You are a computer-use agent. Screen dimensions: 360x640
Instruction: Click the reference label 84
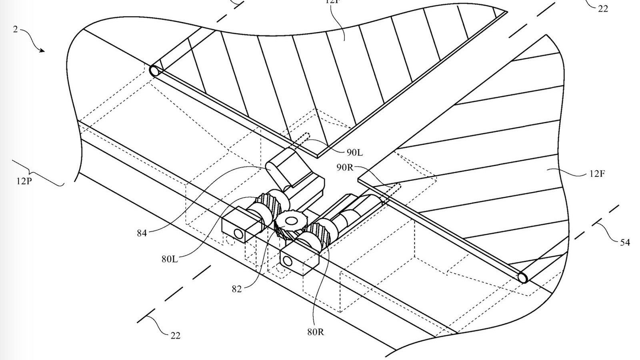[142, 233]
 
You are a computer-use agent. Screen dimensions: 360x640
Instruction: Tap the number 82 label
[236, 289]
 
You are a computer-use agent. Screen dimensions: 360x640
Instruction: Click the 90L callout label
[355, 152]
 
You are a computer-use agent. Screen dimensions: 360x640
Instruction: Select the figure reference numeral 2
[16, 29]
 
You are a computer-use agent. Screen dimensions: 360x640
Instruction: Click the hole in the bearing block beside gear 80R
[287, 261]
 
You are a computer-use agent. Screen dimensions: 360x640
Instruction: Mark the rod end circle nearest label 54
[523, 277]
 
